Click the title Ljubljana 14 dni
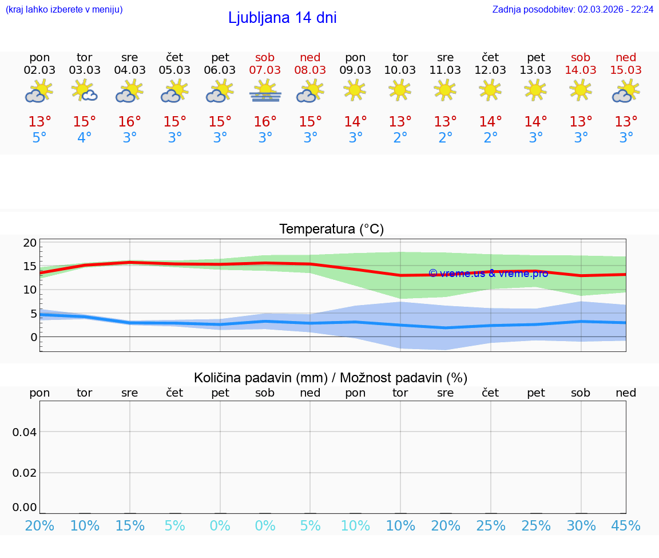point(282,18)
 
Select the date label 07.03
point(265,70)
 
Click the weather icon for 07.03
point(265,92)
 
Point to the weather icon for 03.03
point(85,92)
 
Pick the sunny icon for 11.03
point(445,90)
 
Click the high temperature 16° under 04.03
point(130,122)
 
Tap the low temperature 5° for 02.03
point(39,138)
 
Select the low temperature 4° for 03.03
point(85,138)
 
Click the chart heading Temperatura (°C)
point(331,229)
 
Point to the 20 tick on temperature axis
point(30,243)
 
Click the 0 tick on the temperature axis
point(33,337)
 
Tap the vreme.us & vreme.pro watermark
point(488,274)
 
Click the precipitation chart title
point(331,378)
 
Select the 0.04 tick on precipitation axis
point(25,432)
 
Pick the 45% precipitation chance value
point(626,526)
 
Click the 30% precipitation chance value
point(581,526)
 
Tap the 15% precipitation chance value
point(130,526)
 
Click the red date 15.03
point(626,70)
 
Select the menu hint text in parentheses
point(64,9)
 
